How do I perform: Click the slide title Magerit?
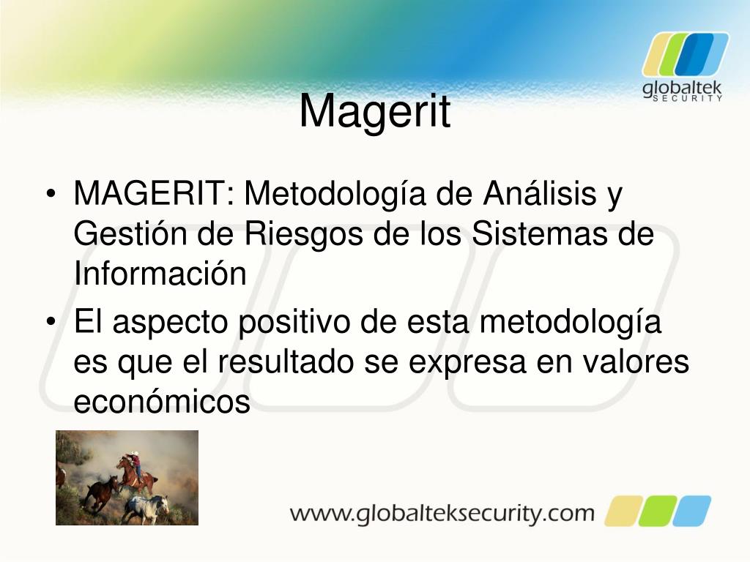374,111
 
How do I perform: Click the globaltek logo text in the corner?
682,89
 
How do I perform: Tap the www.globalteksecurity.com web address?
442,512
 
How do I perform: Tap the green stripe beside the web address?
658,511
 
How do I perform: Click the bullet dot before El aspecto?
51,324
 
